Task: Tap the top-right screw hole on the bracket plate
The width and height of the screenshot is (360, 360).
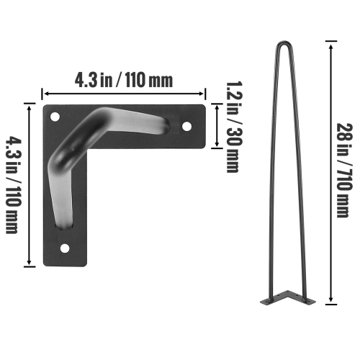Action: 187,126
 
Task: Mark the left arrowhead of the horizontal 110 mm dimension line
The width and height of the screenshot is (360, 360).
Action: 45,93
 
